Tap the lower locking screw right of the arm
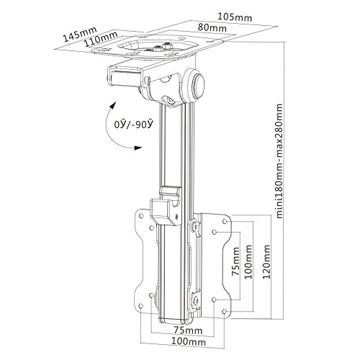tap(196, 299)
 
